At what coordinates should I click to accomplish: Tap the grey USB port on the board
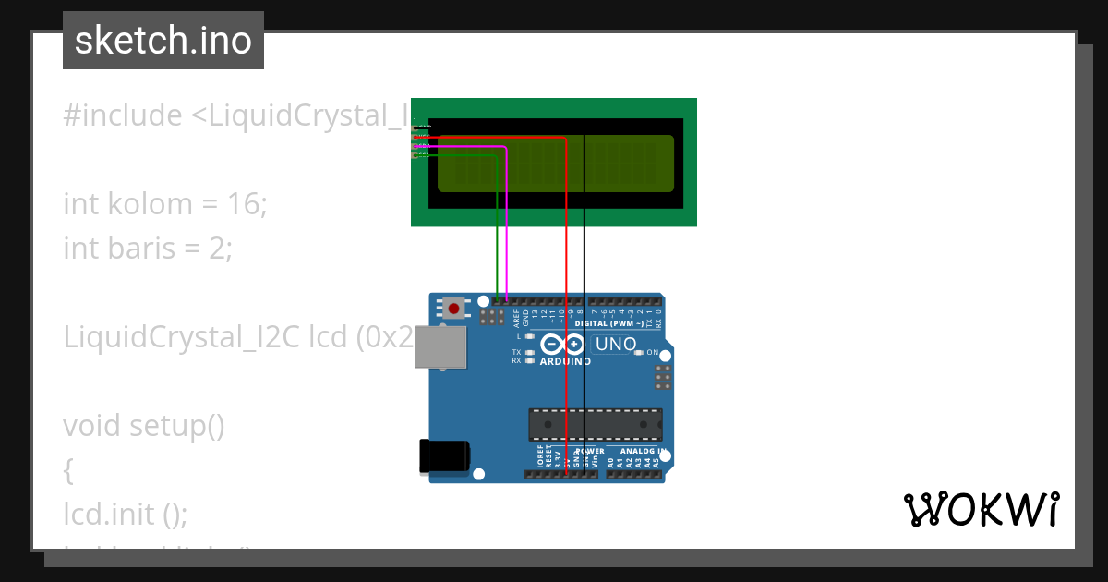[x=438, y=347]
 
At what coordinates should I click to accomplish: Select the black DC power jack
[x=444, y=456]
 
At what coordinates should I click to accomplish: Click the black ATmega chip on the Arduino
[x=595, y=424]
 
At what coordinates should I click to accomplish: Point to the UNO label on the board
[x=616, y=345]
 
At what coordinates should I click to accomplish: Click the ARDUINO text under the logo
[x=565, y=361]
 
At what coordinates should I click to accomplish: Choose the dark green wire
[x=498, y=231]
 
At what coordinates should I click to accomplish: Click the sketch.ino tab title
[x=163, y=41]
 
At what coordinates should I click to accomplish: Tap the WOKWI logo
[x=981, y=510]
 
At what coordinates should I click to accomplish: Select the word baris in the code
[x=118, y=248]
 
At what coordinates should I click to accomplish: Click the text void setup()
[x=144, y=426]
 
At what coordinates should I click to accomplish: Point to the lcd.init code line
[x=125, y=514]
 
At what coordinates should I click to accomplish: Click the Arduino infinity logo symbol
[x=563, y=345]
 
